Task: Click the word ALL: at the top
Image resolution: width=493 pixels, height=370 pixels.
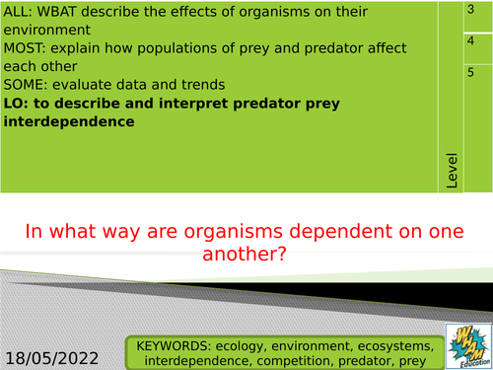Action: tap(20, 13)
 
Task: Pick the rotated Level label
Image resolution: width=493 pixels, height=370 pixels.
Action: tap(452, 171)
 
